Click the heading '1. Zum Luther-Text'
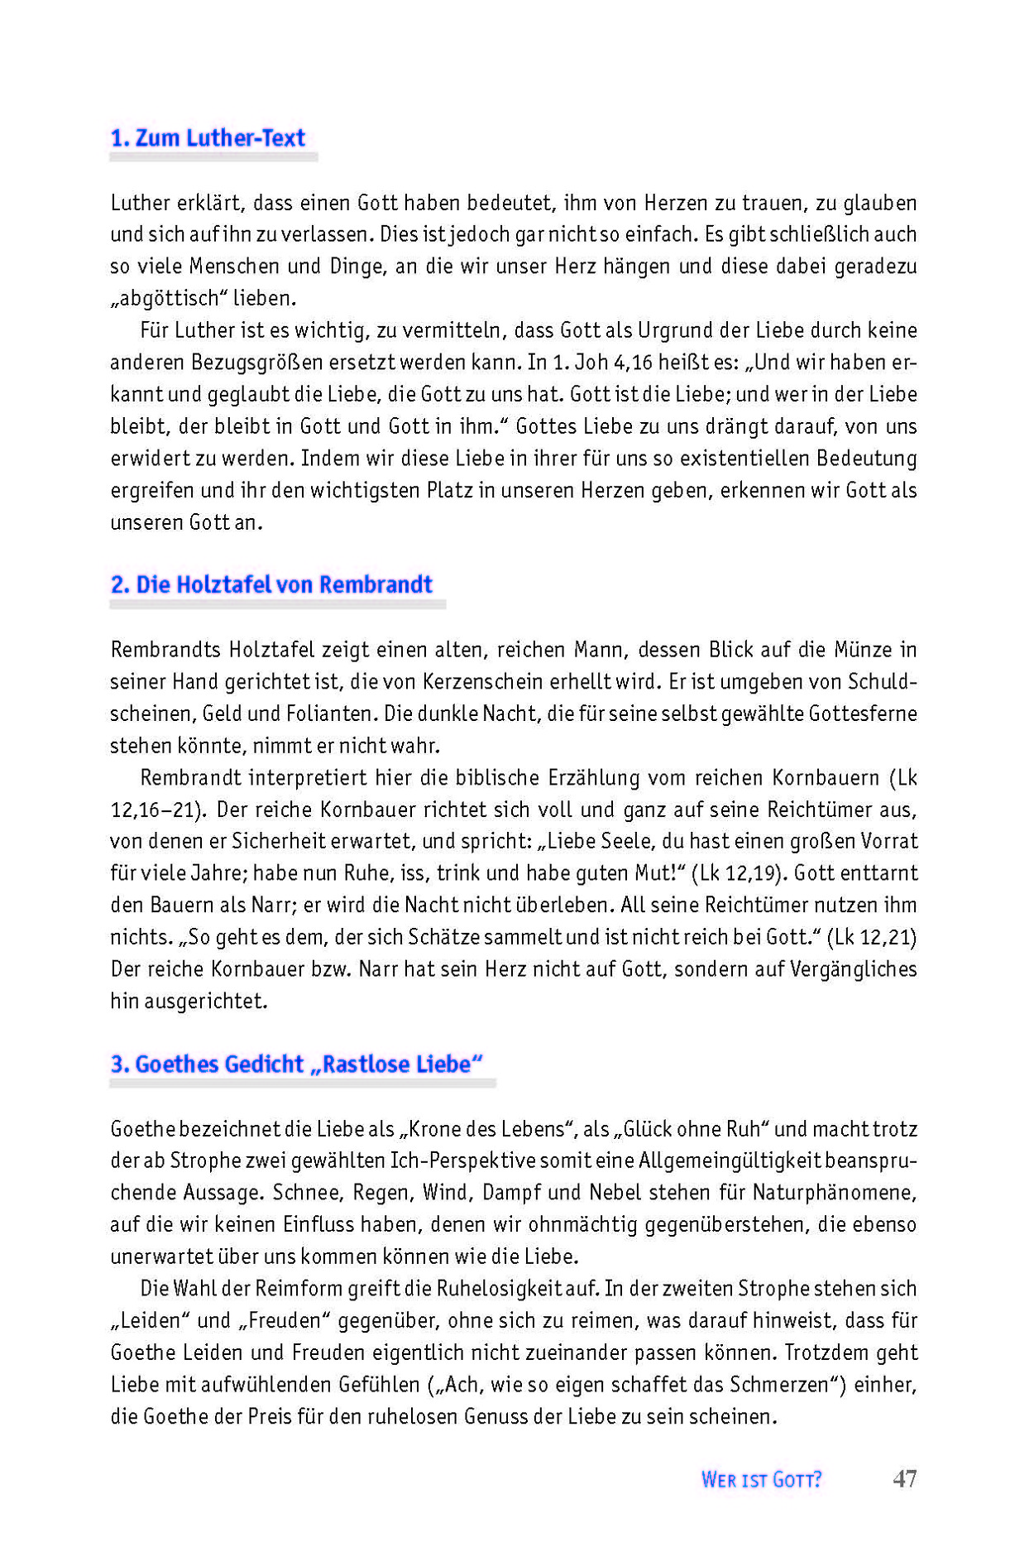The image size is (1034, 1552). (x=208, y=137)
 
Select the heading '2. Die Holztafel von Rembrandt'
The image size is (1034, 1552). (x=271, y=584)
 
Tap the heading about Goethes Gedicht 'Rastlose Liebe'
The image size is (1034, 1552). (x=297, y=1064)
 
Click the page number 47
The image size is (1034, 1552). (x=905, y=1478)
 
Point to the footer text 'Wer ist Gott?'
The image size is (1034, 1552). (x=761, y=1479)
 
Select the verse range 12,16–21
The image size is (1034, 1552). (x=156, y=810)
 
